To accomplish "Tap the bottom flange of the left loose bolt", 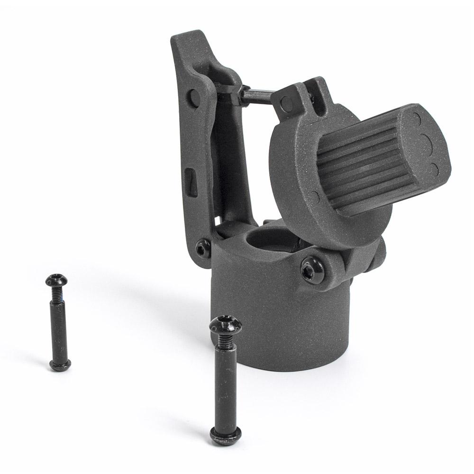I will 60,365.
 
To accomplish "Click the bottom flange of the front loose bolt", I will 227,433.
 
